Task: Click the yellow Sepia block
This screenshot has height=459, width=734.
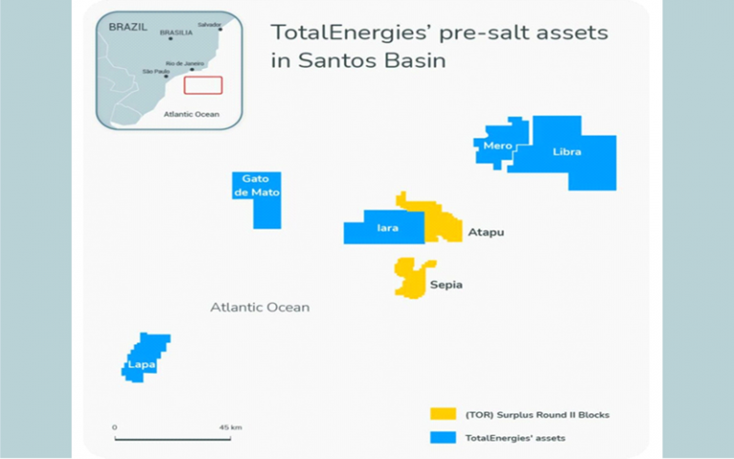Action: (413, 276)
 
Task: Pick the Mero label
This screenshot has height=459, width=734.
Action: (498, 146)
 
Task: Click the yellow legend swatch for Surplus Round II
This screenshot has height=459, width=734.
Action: (442, 415)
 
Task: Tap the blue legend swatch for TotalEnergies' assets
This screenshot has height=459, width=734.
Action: (442, 436)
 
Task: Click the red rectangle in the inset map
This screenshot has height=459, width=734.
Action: (203, 85)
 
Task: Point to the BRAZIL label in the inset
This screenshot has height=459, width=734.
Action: (127, 28)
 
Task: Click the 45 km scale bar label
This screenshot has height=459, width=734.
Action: (230, 426)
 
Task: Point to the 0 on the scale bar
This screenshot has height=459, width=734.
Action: (115, 426)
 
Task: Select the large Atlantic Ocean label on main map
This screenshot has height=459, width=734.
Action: (260, 308)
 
